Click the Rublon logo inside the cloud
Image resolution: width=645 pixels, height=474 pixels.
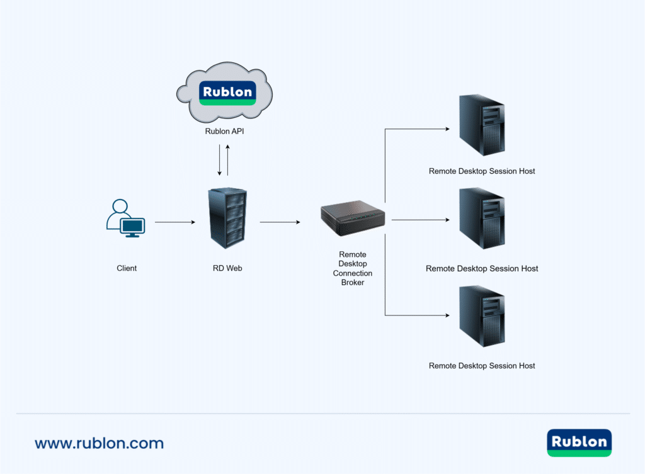pyautogui.click(x=227, y=93)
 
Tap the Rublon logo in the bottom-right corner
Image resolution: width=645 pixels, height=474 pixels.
pyautogui.click(x=579, y=443)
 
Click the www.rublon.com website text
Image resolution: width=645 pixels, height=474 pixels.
pyautogui.click(x=99, y=443)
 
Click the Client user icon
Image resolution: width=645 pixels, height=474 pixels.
pyautogui.click(x=125, y=218)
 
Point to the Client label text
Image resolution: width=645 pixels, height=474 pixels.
pyautogui.click(x=127, y=268)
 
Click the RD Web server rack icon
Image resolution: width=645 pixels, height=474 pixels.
pyautogui.click(x=227, y=218)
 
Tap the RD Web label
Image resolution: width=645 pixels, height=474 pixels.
pyautogui.click(x=227, y=268)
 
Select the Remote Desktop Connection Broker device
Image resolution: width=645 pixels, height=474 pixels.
pyautogui.click(x=353, y=218)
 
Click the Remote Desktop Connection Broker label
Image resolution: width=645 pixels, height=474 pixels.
pyautogui.click(x=353, y=269)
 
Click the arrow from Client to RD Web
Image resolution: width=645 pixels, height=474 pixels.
pyautogui.click(x=176, y=222)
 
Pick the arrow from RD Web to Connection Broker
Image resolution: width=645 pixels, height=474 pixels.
pyautogui.click(x=280, y=222)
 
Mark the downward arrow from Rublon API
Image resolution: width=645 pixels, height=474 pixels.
pyautogui.click(x=219, y=161)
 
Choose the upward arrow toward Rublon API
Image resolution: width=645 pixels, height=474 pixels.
pyautogui.click(x=228, y=161)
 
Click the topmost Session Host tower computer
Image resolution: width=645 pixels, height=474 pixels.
pyautogui.click(x=482, y=125)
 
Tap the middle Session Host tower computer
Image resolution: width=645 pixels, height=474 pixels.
pyautogui.click(x=482, y=218)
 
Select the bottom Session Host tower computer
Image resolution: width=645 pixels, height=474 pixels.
pyautogui.click(x=482, y=316)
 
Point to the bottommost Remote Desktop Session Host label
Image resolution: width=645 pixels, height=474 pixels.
pyautogui.click(x=482, y=366)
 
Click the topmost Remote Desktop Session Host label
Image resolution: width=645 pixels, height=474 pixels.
pyautogui.click(x=482, y=171)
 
